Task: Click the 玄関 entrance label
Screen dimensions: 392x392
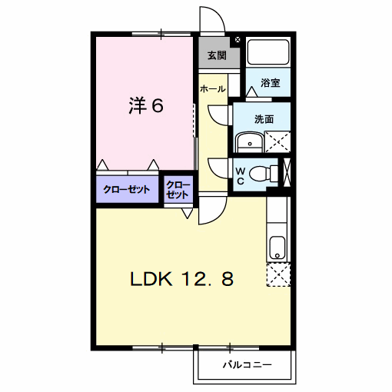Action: coord(217,55)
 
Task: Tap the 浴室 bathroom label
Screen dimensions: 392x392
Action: coord(271,83)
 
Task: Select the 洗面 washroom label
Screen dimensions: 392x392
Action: coord(264,119)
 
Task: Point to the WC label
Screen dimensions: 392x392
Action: coord(241,176)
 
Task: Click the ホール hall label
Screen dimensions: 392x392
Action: coord(213,89)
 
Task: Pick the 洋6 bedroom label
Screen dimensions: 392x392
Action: coord(146,105)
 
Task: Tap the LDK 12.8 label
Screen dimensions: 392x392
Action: coord(181,279)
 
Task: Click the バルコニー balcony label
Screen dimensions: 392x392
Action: coord(247,364)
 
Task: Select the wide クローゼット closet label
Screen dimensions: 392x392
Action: coord(127,190)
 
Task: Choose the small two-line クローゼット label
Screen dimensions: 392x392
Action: coord(178,190)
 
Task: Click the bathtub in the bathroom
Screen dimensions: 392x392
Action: coord(268,52)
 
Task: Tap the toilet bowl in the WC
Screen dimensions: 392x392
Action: coord(260,173)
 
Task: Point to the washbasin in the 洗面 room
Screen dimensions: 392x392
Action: coord(249,142)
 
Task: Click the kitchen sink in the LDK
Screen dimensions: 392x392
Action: coord(277,247)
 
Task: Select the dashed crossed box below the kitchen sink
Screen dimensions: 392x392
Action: coord(278,274)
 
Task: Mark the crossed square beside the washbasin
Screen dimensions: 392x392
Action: coord(277,142)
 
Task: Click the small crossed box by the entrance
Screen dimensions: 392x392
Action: coord(238,40)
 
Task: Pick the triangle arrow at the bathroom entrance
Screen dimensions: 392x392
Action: coord(252,91)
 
